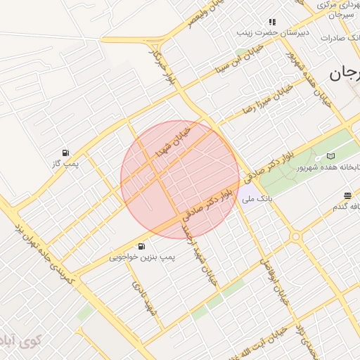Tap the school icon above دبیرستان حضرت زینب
click(272, 22)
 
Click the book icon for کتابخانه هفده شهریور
click(330, 156)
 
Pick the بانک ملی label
click(257, 200)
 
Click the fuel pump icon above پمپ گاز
click(65, 153)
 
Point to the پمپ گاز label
click(69, 164)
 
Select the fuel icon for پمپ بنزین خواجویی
click(142, 246)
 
